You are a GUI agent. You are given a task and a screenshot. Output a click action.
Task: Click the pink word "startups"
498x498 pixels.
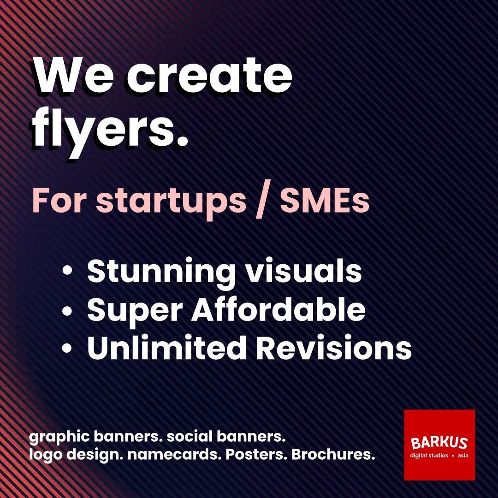click(x=171, y=201)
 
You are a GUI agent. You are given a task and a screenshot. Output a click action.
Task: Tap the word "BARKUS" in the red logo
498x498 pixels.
click(x=439, y=443)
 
